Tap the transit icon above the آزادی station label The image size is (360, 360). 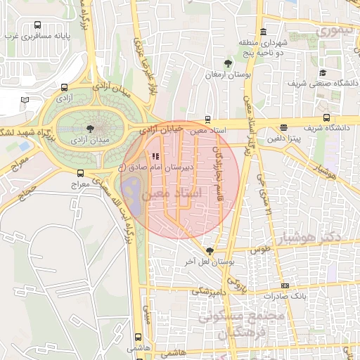(x=65, y=88)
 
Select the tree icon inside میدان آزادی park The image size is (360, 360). (x=89, y=128)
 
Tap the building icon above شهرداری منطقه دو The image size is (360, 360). (x=264, y=31)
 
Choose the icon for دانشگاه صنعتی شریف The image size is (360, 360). (x=323, y=72)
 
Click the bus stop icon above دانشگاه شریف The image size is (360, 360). (x=327, y=117)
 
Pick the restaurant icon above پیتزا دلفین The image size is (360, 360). (x=283, y=128)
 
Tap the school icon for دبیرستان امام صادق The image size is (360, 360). (x=155, y=157)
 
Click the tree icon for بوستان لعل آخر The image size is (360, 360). (x=210, y=250)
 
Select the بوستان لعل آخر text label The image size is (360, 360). (x=209, y=261)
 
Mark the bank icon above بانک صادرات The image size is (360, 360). (x=284, y=285)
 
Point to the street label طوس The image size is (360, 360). (x=261, y=250)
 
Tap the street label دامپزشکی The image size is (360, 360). (x=209, y=290)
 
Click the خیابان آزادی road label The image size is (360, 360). (x=161, y=129)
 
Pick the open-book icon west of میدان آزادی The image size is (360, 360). (x=25, y=101)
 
